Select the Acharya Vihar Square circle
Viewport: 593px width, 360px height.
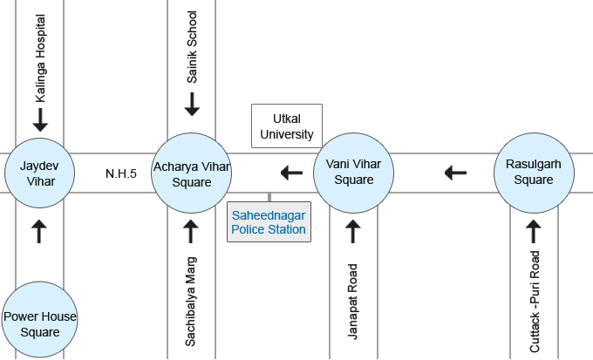tap(192, 173)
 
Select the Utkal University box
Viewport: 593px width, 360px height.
tap(287, 126)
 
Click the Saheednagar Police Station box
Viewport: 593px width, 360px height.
tap(269, 221)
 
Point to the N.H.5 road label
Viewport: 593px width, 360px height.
tap(121, 173)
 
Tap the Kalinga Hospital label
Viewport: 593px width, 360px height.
tap(40, 58)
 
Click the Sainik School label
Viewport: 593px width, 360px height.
tap(192, 47)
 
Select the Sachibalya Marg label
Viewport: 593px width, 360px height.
tap(192, 302)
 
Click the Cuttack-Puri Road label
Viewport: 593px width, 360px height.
tap(535, 302)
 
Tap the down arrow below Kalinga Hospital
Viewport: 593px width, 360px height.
tap(40, 119)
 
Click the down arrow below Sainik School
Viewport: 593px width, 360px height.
tap(192, 105)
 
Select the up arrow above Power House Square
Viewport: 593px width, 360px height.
tap(40, 231)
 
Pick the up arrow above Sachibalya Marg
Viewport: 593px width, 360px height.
tap(192, 231)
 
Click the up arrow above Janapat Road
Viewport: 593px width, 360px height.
tap(353, 231)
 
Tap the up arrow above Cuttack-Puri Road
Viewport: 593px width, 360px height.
tap(535, 231)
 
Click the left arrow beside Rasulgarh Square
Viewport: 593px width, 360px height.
tap(455, 173)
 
